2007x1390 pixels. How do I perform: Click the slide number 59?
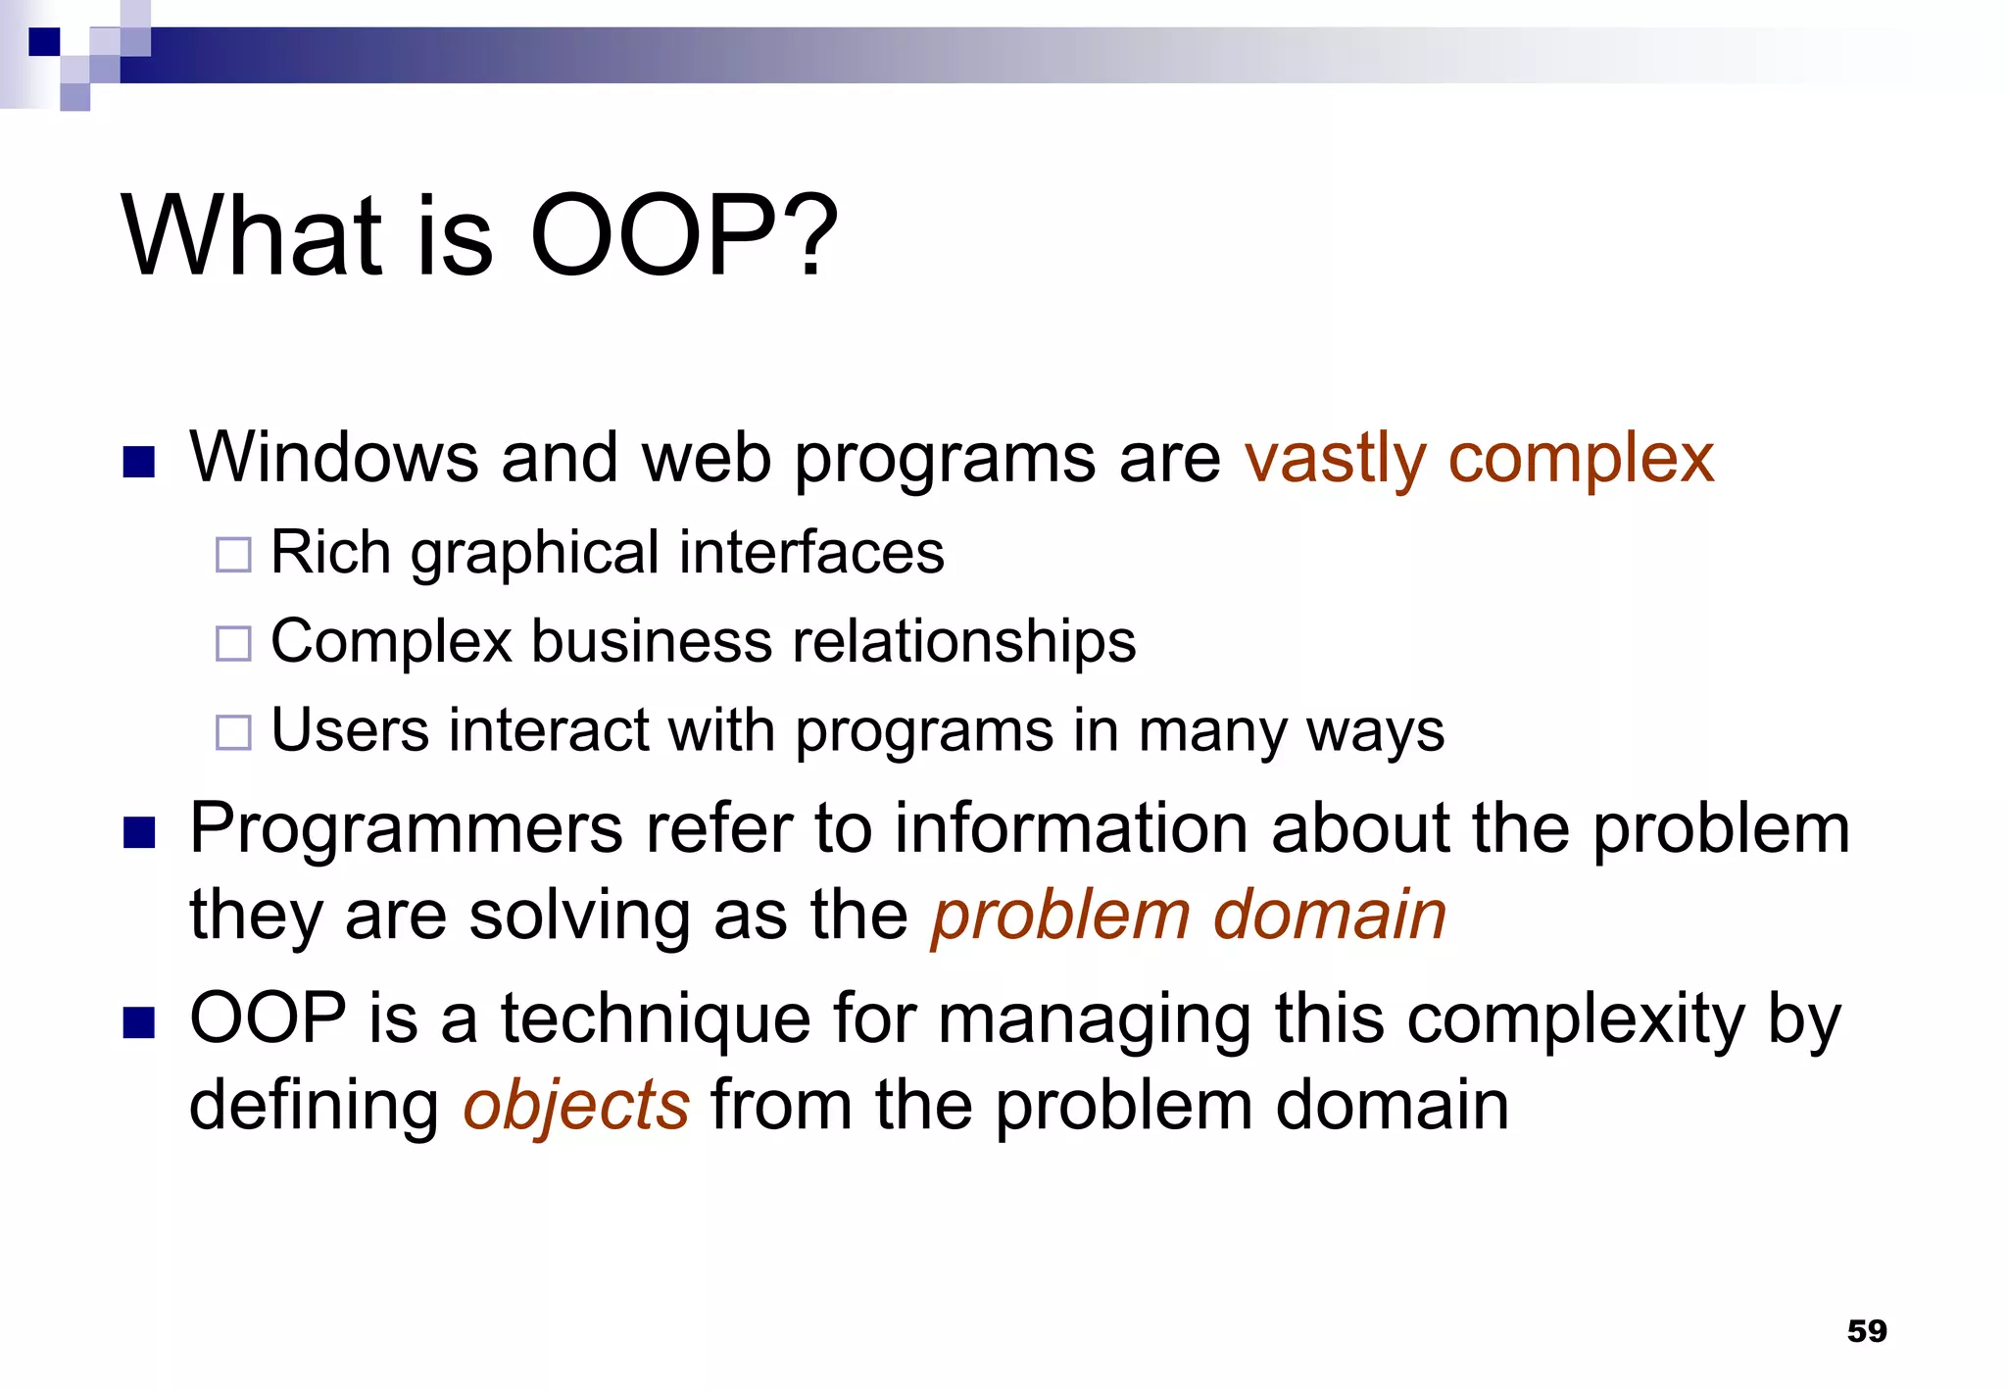click(x=1866, y=1330)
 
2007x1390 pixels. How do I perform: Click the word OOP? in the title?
click(x=683, y=236)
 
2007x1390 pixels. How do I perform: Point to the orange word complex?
click(x=1581, y=459)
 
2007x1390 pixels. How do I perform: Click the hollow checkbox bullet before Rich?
click(x=233, y=555)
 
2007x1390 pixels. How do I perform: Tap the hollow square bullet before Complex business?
click(x=233, y=643)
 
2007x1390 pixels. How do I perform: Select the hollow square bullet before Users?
click(x=233, y=732)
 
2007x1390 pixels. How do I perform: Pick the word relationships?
click(x=963, y=642)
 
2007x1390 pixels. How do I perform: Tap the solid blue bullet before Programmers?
click(x=139, y=832)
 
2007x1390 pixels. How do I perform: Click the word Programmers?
click(x=406, y=829)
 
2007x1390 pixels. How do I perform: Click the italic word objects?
click(x=576, y=1106)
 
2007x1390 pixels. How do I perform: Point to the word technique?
click(x=656, y=1019)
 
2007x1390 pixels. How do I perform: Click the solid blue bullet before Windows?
click(x=139, y=462)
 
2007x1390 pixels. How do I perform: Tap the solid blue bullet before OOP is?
click(x=139, y=1022)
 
